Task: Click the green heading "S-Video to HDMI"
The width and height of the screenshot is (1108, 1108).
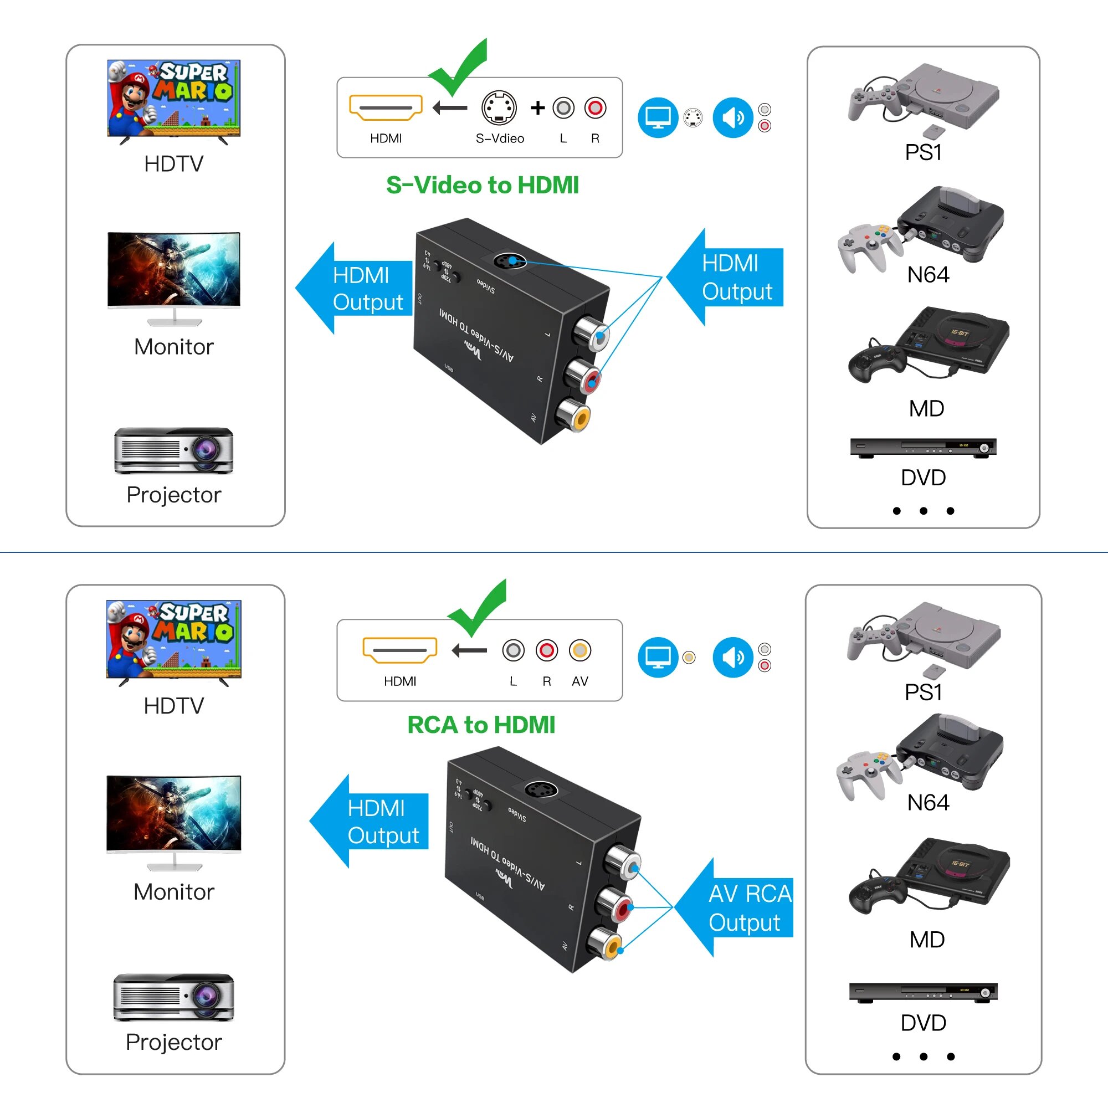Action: click(x=482, y=185)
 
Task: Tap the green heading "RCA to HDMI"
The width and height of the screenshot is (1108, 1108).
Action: click(x=480, y=725)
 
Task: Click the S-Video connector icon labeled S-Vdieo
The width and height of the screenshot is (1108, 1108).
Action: click(x=499, y=107)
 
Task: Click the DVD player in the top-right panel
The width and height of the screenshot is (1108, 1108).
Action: click(x=923, y=447)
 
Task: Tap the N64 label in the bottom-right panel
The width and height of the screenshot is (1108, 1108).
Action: click(x=927, y=802)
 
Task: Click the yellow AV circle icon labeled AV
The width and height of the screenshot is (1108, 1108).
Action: click(x=580, y=650)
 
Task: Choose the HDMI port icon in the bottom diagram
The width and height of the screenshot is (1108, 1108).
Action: click(x=400, y=650)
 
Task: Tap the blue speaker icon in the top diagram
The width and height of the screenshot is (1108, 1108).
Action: click(x=732, y=117)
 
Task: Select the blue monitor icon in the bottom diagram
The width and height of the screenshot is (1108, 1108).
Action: click(x=658, y=657)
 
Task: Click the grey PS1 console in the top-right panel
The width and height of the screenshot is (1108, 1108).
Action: click(x=946, y=95)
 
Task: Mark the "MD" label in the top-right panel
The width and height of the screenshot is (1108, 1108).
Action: click(x=926, y=409)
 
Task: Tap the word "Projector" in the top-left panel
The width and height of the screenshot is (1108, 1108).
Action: click(x=174, y=494)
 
